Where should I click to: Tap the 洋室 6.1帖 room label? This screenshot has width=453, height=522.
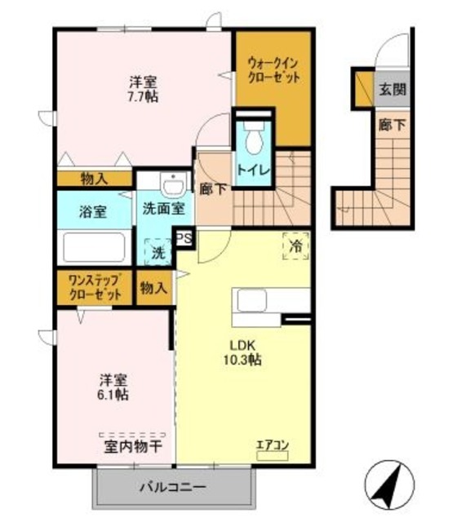pos(113,387)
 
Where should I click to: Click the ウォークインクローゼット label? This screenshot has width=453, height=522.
pos(273,71)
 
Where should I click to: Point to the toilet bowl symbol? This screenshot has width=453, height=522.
pos(253,139)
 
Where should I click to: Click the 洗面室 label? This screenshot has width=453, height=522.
pos(164,208)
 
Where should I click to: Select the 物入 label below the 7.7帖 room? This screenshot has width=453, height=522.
pos(94,178)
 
